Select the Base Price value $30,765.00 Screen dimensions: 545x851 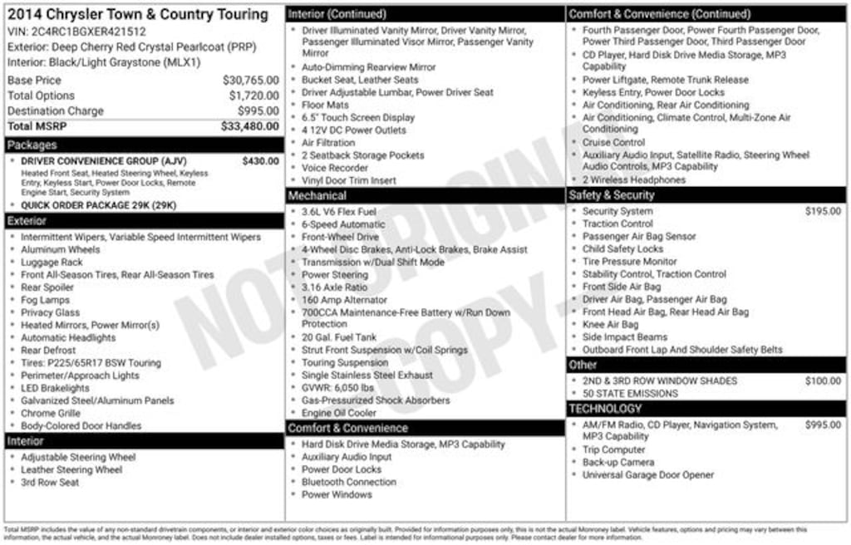(250, 81)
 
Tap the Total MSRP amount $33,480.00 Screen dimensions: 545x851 (249, 126)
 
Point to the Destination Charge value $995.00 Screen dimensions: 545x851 (258, 111)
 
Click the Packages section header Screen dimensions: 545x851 (32, 145)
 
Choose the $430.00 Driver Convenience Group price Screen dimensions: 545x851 (261, 161)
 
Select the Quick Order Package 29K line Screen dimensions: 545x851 (98, 205)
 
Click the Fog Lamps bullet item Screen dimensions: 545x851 (45, 300)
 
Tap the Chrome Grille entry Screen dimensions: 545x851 (51, 413)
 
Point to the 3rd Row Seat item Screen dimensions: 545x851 (50, 483)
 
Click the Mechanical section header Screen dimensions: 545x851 (317, 196)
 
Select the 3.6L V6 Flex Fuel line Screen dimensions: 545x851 (338, 212)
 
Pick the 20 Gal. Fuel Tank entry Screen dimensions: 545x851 (338, 337)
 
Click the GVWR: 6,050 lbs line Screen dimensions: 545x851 (337, 388)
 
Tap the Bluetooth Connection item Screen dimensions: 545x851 (348, 482)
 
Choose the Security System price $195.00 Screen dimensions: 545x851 (823, 212)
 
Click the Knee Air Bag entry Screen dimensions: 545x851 (610, 325)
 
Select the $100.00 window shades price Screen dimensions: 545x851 (823, 381)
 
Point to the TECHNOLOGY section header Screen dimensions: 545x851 (605, 409)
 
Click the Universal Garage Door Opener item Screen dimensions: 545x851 (647, 475)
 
